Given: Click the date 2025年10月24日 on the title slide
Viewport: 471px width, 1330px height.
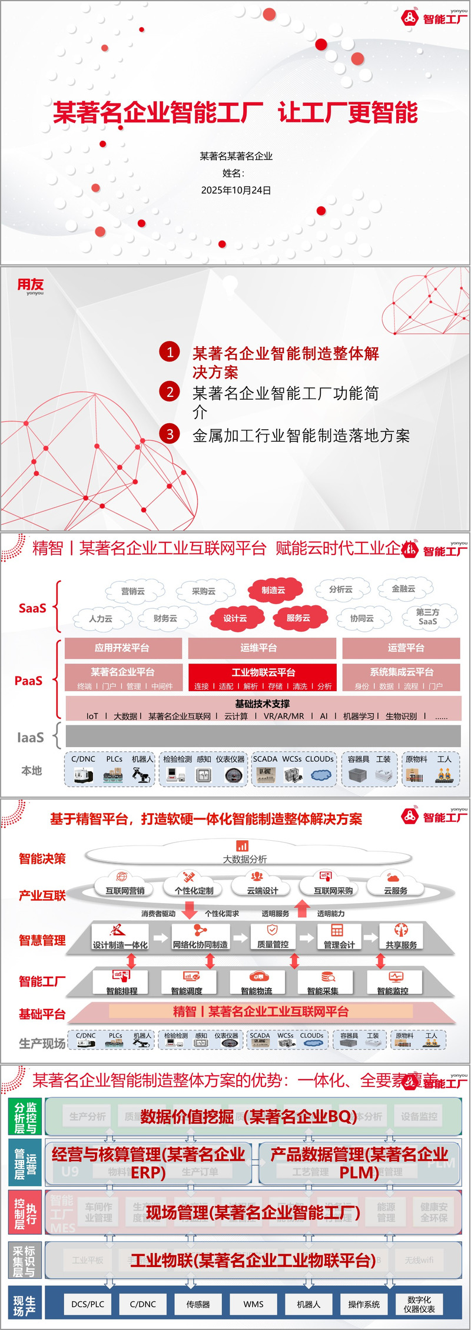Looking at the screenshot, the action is [236, 190].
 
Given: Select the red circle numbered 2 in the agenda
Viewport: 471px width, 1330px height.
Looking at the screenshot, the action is [170, 392].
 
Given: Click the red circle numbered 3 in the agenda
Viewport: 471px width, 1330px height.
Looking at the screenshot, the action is [170, 434].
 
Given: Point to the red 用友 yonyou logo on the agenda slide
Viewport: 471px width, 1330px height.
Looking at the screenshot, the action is [31, 286].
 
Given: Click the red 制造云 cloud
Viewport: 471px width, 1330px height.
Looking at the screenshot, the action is [274, 590].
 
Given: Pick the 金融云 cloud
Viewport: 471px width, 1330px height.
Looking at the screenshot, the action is [404, 588].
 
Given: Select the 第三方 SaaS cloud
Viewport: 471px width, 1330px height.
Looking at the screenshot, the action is [427, 616].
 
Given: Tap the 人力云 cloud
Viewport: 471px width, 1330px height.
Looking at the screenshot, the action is [101, 619].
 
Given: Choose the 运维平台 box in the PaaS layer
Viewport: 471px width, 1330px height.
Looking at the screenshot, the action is [261, 648].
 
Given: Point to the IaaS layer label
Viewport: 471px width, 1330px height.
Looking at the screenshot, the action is [31, 737].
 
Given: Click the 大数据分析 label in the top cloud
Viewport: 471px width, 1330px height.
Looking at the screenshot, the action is [244, 859].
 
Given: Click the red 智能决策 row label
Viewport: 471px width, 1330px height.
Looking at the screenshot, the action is [42, 858].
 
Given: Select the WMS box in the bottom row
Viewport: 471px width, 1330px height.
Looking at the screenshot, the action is [253, 1304].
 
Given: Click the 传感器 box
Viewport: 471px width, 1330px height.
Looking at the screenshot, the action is [198, 1304].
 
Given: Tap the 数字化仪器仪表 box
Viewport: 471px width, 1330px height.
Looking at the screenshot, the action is [419, 1304].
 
